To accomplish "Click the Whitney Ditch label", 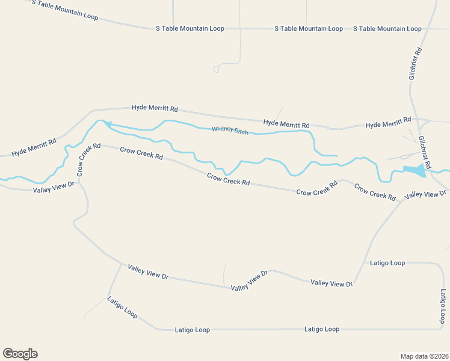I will [230, 130].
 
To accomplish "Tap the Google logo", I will [20, 354].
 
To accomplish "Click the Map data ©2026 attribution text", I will [424, 356].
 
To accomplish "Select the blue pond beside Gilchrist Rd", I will [414, 171].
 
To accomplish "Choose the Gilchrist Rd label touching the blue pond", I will [425, 152].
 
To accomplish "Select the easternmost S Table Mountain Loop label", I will [387, 28].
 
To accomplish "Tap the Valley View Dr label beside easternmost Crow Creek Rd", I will [426, 194].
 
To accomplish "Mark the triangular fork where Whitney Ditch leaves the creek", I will [105, 123].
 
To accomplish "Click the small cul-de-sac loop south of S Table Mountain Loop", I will [217, 69].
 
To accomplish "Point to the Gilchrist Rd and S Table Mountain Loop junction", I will [428, 28].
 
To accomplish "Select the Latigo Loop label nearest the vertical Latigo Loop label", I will [387, 263].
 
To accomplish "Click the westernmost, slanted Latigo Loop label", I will [122, 307].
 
